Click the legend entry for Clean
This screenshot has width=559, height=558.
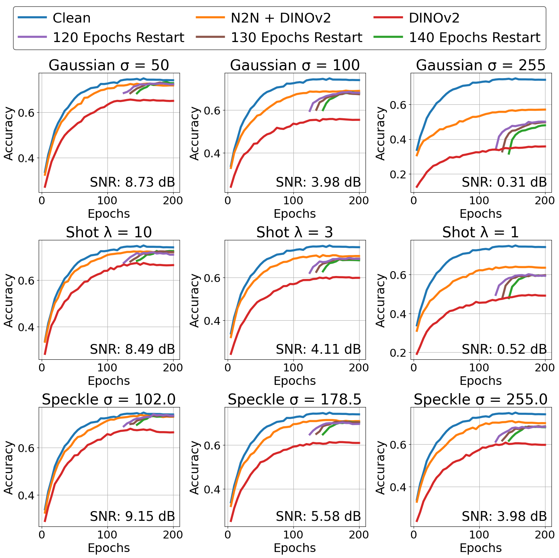[x=71, y=18]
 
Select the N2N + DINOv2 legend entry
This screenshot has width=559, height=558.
[x=281, y=18]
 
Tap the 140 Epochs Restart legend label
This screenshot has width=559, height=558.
[x=474, y=38]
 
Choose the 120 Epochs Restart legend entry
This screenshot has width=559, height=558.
[x=118, y=38]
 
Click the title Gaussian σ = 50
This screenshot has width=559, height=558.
[x=109, y=65]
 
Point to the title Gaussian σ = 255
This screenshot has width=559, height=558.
[x=480, y=65]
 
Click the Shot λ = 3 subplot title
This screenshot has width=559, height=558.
[x=295, y=232]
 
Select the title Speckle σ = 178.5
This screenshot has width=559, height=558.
[x=295, y=400]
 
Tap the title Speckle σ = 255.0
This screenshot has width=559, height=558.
[x=480, y=400]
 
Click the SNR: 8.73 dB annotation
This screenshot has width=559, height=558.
[x=132, y=182]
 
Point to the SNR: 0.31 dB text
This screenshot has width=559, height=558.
[x=504, y=182]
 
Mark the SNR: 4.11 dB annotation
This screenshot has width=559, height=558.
[x=318, y=350]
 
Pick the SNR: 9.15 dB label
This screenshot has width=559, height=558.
[x=132, y=517]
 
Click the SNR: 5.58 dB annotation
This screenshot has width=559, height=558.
[x=318, y=517]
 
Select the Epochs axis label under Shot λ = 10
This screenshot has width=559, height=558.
[x=109, y=381]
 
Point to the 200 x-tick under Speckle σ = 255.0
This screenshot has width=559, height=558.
[x=545, y=535]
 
